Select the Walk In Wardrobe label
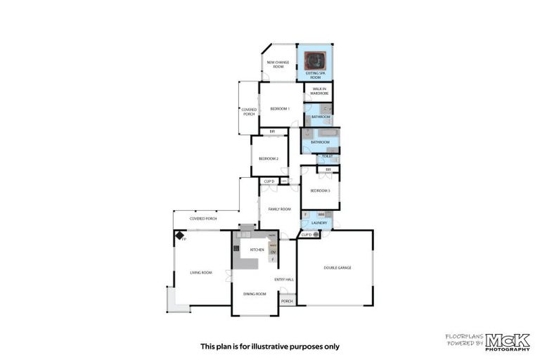(x=319, y=91)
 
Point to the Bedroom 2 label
(x=269, y=159)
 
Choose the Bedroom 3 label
(x=320, y=191)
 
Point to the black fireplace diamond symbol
(x=179, y=236)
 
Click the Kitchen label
(x=257, y=250)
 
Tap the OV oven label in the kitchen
(x=274, y=252)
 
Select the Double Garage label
(x=337, y=268)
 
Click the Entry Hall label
(x=284, y=280)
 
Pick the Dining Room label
(x=254, y=293)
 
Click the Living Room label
(x=201, y=273)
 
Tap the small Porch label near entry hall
(x=286, y=301)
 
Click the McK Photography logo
(x=507, y=342)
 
